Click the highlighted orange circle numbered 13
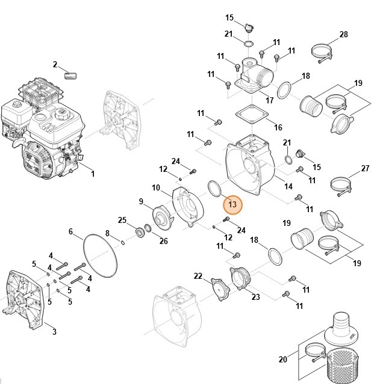click(x=232, y=204)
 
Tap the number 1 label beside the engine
click(x=93, y=174)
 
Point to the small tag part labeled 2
click(x=70, y=76)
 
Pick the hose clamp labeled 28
click(x=322, y=53)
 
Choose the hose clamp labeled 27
click(x=341, y=186)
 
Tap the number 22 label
click(x=198, y=276)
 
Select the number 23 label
click(x=256, y=297)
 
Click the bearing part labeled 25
click(x=140, y=233)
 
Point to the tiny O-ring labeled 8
click(x=123, y=242)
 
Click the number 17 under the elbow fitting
click(x=270, y=100)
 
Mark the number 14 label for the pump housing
click(x=288, y=186)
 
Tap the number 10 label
click(x=156, y=187)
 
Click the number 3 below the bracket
click(x=54, y=332)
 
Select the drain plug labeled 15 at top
click(x=249, y=28)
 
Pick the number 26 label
click(x=164, y=241)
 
